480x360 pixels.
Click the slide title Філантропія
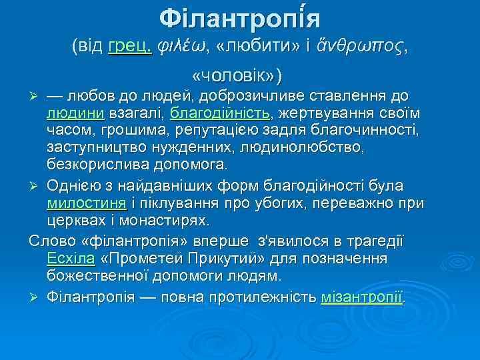(x=240, y=17)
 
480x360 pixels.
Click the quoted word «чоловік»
(x=237, y=73)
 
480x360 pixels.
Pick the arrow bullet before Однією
(x=37, y=185)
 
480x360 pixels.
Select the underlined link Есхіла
(x=69, y=257)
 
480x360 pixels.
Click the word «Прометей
(x=139, y=257)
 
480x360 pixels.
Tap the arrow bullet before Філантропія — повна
(x=37, y=297)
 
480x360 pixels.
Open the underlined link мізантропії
(x=363, y=296)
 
